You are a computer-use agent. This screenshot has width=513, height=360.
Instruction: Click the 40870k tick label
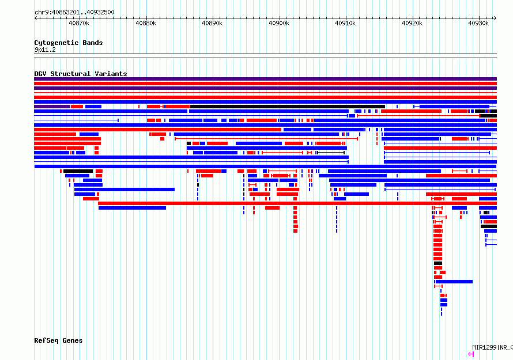[x=79, y=23]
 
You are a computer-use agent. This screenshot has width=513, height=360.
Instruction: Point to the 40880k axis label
[x=146, y=23]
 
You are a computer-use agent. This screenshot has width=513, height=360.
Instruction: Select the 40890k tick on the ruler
[x=212, y=23]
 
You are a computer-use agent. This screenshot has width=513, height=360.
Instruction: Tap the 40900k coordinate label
[x=279, y=23]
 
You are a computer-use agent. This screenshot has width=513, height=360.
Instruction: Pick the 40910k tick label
[x=345, y=23]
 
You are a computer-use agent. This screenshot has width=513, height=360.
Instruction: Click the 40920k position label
[x=412, y=23]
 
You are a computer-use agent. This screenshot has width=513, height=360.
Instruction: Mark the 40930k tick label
[x=478, y=23]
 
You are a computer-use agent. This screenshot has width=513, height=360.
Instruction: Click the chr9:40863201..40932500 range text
[x=74, y=13]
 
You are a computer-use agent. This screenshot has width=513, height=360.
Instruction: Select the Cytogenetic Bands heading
[x=69, y=43]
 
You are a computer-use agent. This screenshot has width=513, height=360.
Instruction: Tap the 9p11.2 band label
[x=45, y=50]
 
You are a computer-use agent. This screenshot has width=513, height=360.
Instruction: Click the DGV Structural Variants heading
[x=81, y=74]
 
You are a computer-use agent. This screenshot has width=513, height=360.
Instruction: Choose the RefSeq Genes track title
[x=58, y=340]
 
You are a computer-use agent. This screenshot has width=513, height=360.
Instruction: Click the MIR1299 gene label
[x=485, y=347]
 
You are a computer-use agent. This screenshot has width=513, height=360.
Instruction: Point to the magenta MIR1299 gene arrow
[x=471, y=354]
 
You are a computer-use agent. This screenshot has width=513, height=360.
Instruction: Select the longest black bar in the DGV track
[x=288, y=107]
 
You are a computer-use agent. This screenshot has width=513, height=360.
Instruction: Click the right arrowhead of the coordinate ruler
[x=495, y=18]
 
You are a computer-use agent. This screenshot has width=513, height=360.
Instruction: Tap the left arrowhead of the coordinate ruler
[x=36, y=18]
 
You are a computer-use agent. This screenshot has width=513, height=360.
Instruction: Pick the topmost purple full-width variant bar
[x=265, y=79]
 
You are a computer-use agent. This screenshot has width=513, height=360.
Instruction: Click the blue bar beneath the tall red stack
[x=454, y=282]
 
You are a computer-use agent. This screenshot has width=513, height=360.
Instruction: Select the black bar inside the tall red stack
[x=438, y=263]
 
